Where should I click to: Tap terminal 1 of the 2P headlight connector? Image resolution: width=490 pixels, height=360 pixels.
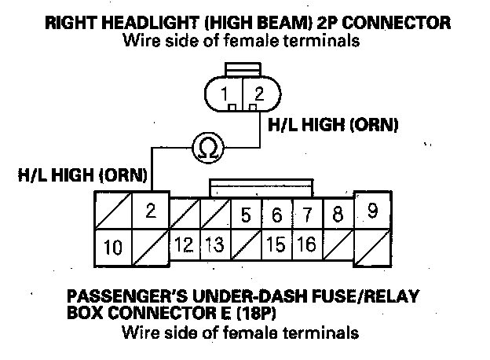[227, 95]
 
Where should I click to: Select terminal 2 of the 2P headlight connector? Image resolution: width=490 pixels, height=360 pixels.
[260, 95]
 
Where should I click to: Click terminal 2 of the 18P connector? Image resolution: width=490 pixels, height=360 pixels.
[151, 210]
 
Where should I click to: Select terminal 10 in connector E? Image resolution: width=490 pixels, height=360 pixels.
[113, 249]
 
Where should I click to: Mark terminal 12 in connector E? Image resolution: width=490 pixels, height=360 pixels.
[185, 245]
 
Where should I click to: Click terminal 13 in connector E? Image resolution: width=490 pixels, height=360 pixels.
[215, 245]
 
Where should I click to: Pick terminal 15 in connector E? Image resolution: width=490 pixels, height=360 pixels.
[276, 245]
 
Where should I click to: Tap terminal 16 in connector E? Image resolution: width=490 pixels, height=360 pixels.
[307, 245]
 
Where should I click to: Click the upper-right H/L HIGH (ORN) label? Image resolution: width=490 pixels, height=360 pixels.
[333, 125]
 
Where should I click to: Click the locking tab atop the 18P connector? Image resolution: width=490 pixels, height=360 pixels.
[261, 186]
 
